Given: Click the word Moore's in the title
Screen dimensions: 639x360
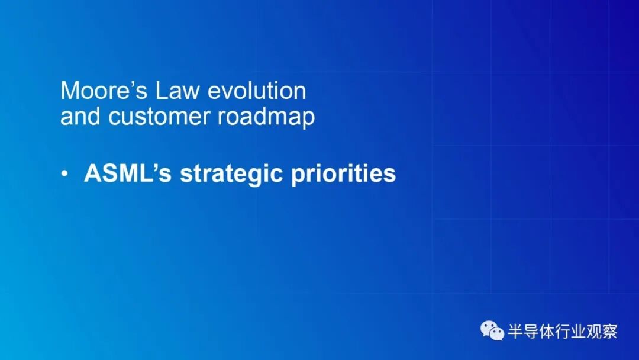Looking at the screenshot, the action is [104, 90].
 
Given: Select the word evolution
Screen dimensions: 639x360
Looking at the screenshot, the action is [257, 90].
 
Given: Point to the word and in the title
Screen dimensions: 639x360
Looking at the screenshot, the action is [80, 116].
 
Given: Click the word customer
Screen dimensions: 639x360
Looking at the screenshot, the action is [159, 117].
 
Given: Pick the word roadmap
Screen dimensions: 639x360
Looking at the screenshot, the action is [266, 118].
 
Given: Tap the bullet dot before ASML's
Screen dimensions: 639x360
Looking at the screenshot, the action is [64, 173].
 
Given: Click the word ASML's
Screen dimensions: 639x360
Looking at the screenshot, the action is [128, 173].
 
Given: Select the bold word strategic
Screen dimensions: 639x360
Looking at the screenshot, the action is [231, 175].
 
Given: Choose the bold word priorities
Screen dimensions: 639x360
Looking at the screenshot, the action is [344, 175].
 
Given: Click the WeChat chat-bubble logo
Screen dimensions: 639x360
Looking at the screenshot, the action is [492, 330].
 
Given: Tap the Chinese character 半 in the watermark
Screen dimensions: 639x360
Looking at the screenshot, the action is [515, 331].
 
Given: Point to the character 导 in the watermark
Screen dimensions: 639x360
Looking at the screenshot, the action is [531, 331].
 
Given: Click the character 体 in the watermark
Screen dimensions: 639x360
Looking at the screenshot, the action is [547, 331].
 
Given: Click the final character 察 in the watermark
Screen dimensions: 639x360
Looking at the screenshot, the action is [610, 331].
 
